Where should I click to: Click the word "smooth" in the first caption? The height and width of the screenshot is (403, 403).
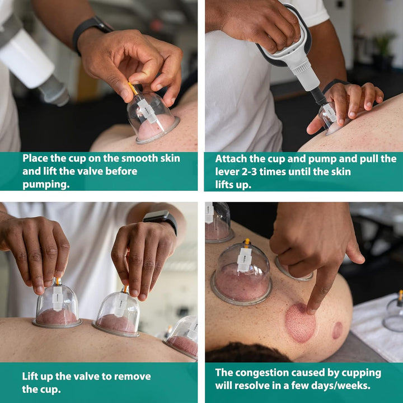pyautogui.click(x=139, y=158)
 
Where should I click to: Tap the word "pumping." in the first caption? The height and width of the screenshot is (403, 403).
pyautogui.click(x=46, y=185)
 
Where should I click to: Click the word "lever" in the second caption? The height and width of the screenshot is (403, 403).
pyautogui.click(x=227, y=172)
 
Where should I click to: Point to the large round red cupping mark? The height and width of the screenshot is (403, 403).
pyautogui.click(x=300, y=323)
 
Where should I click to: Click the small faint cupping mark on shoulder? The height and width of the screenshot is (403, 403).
pyautogui.click(x=337, y=330)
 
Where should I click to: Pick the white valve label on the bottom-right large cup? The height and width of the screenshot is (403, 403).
pyautogui.click(x=244, y=260)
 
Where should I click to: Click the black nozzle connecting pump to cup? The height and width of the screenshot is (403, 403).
pyautogui.click(x=318, y=96)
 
